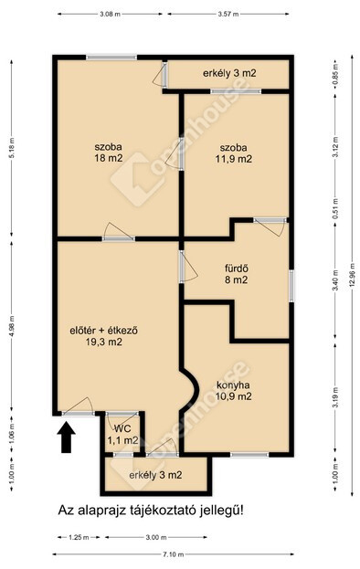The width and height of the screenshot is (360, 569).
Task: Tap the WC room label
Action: [122, 435]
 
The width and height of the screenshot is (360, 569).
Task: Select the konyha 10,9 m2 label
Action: [233, 391]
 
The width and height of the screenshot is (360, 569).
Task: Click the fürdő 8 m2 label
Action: [237, 274]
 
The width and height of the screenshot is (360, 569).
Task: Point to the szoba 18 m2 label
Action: [108, 153]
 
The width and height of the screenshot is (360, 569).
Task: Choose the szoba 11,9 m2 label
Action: [233, 153]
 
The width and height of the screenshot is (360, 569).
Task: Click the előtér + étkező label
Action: [103, 336]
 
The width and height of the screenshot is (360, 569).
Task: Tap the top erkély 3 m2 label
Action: [229, 73]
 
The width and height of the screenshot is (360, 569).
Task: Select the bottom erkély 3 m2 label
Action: [155, 475]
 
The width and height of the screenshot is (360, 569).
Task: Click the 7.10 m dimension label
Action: [173, 554]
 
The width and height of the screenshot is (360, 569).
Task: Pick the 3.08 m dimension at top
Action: [110, 14]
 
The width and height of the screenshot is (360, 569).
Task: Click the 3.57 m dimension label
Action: [228, 14]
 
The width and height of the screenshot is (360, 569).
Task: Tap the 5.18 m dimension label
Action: [12, 148]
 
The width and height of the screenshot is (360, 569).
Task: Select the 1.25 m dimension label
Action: [79, 537]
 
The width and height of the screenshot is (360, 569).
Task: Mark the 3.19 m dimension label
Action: [335, 398]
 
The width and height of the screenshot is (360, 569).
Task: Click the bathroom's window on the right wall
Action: [291, 286]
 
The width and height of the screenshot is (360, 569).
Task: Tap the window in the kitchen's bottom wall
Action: [249, 455]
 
